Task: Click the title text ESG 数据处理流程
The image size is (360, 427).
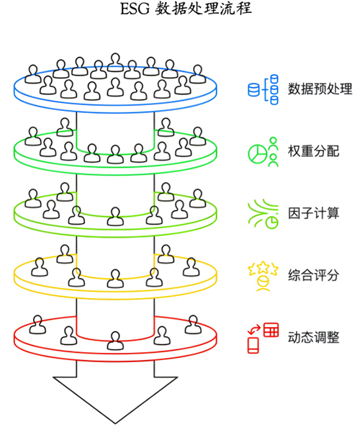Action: (186, 9)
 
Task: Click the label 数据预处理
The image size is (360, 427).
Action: (320, 89)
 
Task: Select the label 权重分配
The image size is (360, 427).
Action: (314, 151)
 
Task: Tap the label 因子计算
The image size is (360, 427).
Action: (314, 213)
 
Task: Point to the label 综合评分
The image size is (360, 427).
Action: (314, 275)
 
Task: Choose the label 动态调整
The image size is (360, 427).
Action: (314, 337)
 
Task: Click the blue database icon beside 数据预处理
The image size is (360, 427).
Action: (263, 89)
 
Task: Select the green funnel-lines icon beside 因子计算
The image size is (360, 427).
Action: (263, 214)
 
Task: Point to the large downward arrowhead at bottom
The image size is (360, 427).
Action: (115, 400)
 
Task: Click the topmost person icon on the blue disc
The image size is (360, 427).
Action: (115, 63)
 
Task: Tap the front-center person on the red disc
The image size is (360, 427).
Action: (115, 341)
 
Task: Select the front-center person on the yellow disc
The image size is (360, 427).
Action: (115, 279)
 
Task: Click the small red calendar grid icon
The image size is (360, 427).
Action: (271, 330)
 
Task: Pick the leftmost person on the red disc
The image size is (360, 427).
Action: (37, 325)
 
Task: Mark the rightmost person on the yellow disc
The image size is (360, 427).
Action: (192, 267)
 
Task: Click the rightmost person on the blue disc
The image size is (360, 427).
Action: (197, 73)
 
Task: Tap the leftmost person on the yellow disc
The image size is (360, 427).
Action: (40, 267)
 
